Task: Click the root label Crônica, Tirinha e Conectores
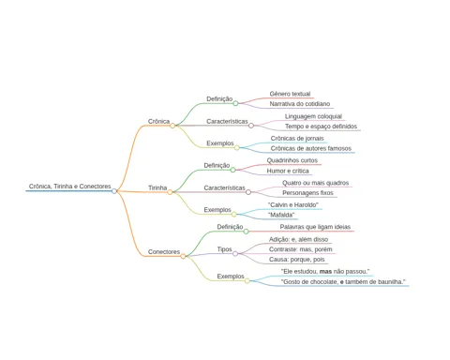[x=70, y=187]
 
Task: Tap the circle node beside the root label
[x=114, y=191]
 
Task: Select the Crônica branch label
[x=158, y=121]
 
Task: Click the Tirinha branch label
[x=157, y=187]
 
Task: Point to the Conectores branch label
[x=164, y=251]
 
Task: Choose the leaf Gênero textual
[x=290, y=94]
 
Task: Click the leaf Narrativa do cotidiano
[x=300, y=104]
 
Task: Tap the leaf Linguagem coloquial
[x=313, y=116]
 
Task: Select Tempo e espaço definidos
[x=321, y=127]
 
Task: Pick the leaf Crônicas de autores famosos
[x=311, y=148]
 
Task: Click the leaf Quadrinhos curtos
[x=292, y=160]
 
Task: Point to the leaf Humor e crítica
[x=288, y=171]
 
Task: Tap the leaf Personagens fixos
[x=307, y=193]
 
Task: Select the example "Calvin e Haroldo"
[x=293, y=204]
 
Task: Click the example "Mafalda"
[x=281, y=215]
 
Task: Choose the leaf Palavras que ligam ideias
[x=315, y=227]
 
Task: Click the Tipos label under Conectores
[x=225, y=249]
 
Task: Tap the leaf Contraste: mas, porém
[x=301, y=249]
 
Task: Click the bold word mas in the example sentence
[x=325, y=272]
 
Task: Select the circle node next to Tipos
[x=235, y=254]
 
